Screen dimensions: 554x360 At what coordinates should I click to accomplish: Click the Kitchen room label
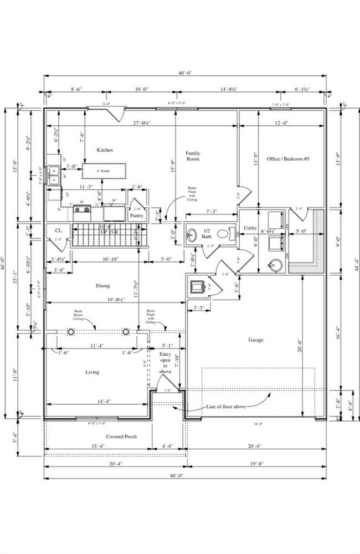click(x=105, y=150)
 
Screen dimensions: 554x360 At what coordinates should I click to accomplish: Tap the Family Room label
click(x=192, y=156)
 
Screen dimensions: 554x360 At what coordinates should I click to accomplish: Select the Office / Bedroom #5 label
click(x=287, y=158)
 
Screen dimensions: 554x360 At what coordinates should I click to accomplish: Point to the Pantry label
click(x=137, y=216)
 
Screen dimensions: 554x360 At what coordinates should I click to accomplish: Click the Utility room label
click(x=250, y=228)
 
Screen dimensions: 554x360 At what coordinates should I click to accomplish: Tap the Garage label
click(x=256, y=340)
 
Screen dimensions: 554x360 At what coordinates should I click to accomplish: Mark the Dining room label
click(x=102, y=286)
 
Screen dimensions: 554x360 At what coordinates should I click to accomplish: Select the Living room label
click(x=92, y=372)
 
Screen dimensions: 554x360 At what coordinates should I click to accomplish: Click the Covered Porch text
click(x=121, y=436)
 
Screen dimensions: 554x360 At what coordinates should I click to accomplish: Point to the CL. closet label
click(x=59, y=230)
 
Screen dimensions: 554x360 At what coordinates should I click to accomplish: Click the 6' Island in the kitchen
click(x=102, y=171)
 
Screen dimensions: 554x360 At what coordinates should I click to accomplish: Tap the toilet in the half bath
click(x=224, y=234)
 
